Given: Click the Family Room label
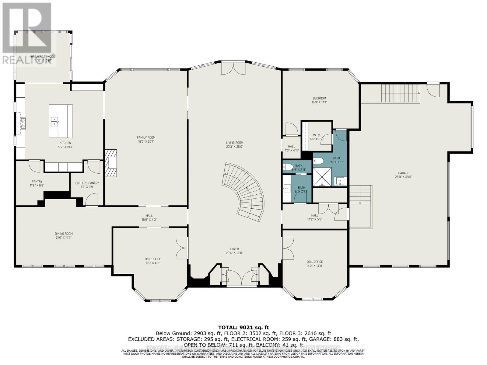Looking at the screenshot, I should (x=146, y=137).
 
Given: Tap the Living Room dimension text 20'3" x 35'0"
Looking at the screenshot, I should (x=234, y=147).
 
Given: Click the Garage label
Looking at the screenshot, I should (x=404, y=173).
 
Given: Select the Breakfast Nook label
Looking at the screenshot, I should (x=43, y=57).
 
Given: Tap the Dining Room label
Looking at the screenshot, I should (x=64, y=234).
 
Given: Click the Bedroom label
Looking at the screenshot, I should (x=319, y=98).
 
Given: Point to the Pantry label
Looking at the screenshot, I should (x=37, y=182).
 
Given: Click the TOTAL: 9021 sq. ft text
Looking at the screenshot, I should (x=243, y=327).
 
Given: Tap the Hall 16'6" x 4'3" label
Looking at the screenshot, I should (x=149, y=216).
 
